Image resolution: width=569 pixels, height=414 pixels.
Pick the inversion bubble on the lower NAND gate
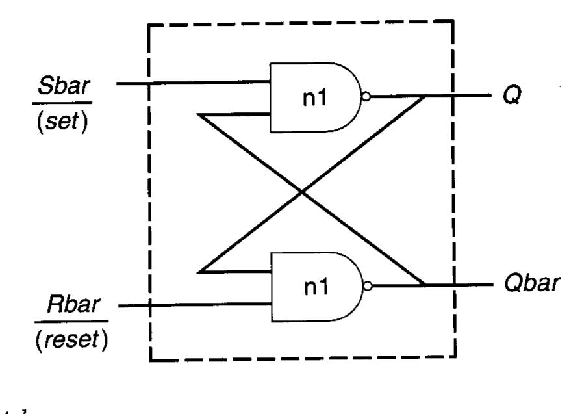pos(368,285)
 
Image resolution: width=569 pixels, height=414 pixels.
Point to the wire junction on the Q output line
pos(426,97)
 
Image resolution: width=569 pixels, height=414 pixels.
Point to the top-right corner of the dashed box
pos(452,21)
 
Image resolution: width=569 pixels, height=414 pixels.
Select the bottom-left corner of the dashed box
pos(151,359)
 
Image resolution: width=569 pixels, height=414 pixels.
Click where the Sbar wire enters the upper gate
pos(272,83)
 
